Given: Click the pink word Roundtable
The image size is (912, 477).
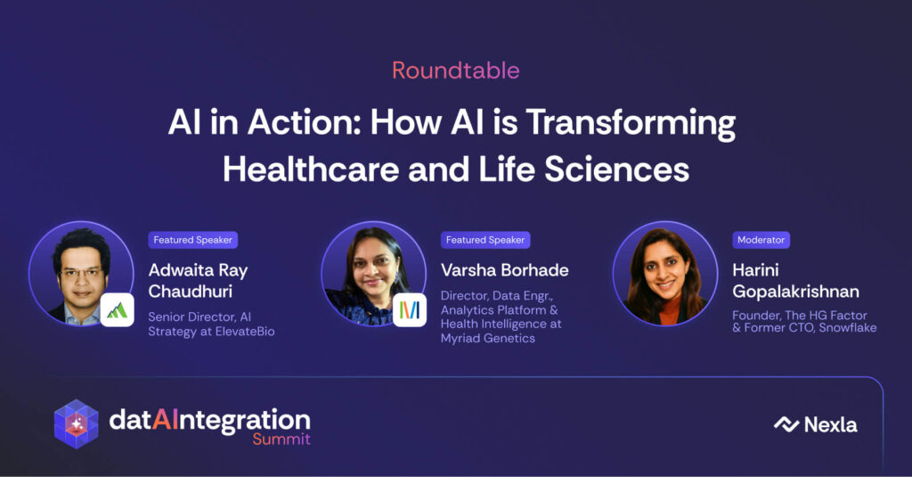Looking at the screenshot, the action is coord(455,70).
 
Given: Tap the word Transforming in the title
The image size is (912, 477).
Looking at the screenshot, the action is coord(631,124).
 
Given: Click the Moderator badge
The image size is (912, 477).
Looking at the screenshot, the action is coord(761,240).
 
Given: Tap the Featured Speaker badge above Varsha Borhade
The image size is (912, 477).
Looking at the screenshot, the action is coord(485,240).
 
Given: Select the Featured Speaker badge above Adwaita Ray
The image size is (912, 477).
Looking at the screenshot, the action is coord(192,240).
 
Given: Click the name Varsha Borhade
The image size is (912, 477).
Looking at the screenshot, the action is coord(504,270).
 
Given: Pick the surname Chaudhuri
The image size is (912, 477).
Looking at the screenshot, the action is coord(191,292).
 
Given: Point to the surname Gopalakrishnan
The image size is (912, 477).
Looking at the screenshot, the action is coord(795,292).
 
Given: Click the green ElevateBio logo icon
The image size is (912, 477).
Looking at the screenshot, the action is coord(117,310).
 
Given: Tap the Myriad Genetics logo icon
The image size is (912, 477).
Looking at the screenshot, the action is coord(410,310).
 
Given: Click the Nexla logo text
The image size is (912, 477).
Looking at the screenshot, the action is coord(830,425).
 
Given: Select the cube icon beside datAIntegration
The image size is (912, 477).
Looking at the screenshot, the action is coord(77,424).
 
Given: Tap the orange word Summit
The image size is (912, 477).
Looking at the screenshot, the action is coord(281,439).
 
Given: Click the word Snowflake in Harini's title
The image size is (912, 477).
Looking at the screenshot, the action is coord(848,328).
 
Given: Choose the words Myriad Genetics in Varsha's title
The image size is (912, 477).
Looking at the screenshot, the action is coord(487,339).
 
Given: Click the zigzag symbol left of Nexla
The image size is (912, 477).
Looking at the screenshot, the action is coord(786,424).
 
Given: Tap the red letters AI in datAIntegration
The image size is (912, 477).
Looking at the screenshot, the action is coord(166,420).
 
